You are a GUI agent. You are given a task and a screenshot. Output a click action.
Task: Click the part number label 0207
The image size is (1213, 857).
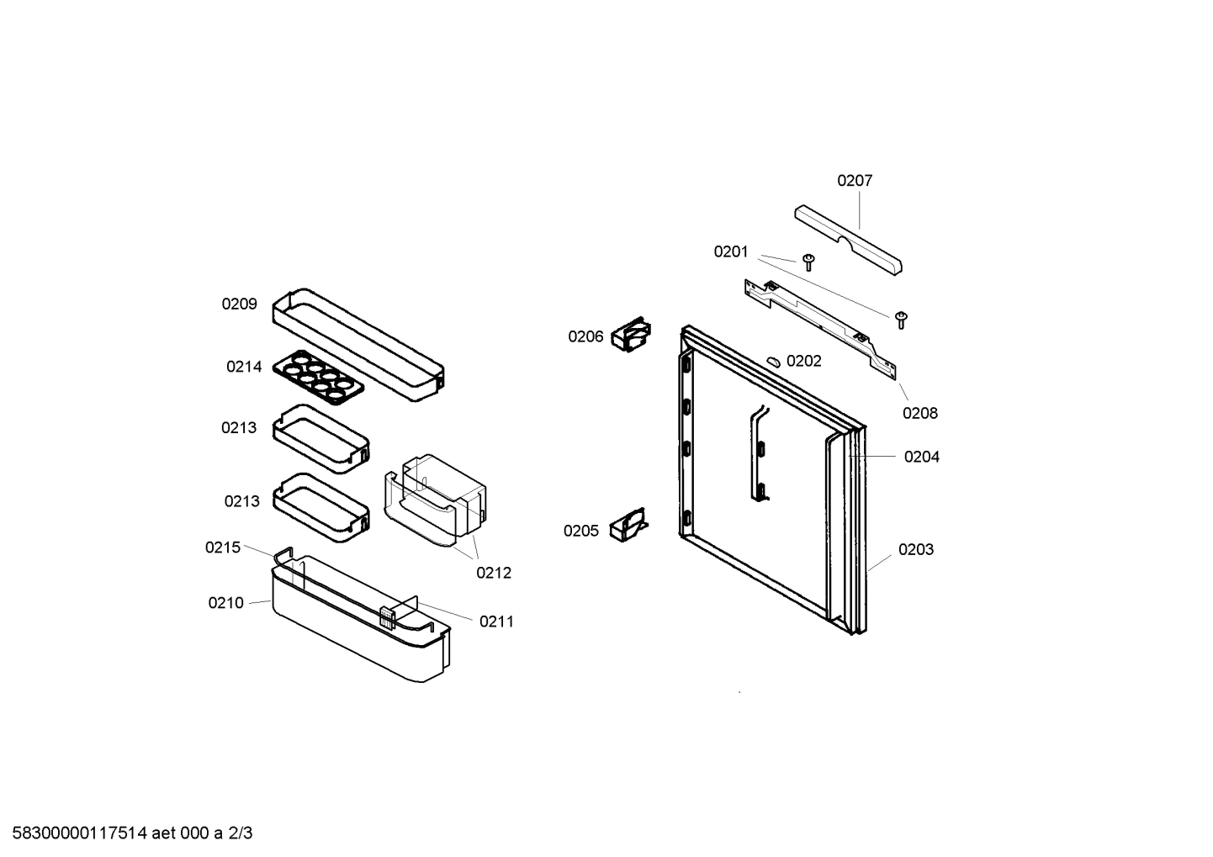855,180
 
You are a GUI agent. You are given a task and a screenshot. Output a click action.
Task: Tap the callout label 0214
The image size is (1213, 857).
244,367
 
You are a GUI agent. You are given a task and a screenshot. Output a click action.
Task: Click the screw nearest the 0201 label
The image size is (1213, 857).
808,261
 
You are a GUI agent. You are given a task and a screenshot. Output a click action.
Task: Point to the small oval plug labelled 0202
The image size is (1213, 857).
773,361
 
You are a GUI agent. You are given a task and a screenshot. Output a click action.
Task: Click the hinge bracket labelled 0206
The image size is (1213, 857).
632,334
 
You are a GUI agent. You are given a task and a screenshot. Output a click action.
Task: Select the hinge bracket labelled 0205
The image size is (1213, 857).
628,526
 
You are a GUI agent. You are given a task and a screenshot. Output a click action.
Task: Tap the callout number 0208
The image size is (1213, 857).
920,413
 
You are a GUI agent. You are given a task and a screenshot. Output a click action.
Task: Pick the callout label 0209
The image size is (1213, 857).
240,304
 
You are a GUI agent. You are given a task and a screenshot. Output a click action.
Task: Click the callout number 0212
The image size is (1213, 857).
494,573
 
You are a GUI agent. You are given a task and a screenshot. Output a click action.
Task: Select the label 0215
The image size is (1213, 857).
223,548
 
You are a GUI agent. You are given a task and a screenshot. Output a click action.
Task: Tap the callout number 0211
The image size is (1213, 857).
496,622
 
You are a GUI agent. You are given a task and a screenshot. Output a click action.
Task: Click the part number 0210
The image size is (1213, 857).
226,603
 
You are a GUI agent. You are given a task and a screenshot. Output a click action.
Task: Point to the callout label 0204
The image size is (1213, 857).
922,457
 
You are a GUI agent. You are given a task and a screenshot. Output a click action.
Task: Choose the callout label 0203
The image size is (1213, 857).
916,549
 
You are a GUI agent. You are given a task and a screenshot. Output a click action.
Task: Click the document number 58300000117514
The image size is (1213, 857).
76,833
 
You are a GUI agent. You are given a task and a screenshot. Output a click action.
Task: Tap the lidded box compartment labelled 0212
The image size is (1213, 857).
437,500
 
